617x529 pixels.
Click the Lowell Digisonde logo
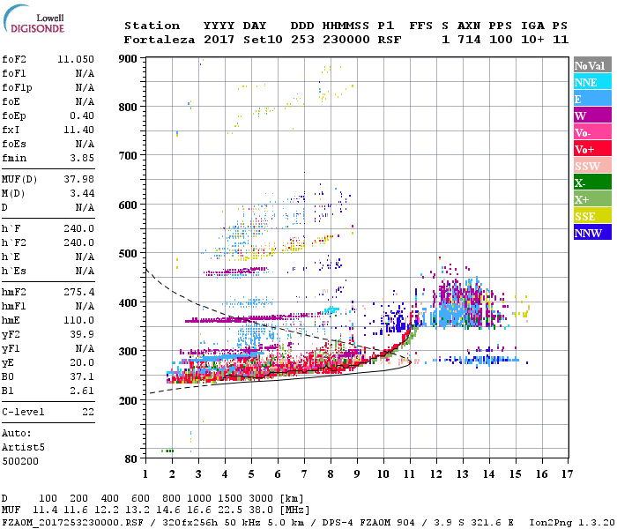34,24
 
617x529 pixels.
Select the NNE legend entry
586,82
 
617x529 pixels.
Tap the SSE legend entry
586,216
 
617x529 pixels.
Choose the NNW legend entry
587,233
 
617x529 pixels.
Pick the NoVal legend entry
587,65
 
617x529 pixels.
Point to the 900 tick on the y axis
129,59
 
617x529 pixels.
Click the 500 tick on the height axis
129,254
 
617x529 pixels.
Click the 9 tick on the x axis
357,473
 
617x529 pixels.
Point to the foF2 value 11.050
76,59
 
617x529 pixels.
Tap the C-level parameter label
24,412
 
